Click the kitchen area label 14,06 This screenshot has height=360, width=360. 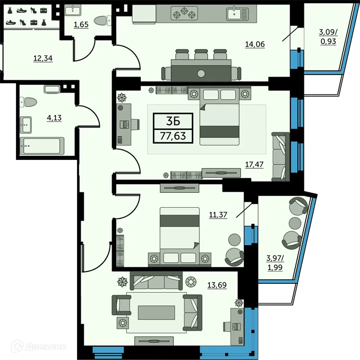pos(255,45)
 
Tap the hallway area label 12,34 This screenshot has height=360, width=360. pos(43,58)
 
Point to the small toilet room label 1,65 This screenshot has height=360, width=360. pos(82,25)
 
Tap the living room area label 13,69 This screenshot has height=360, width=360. pos(217,284)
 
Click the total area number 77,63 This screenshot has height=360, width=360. pos(173,136)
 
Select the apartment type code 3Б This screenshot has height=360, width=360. pos(173,121)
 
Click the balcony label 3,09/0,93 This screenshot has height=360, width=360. pos(328,37)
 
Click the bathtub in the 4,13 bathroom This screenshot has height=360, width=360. pos(42,146)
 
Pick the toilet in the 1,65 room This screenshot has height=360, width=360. pos(103,20)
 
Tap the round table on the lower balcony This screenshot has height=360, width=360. pos(295,223)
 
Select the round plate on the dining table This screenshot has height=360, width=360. pos(201,73)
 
